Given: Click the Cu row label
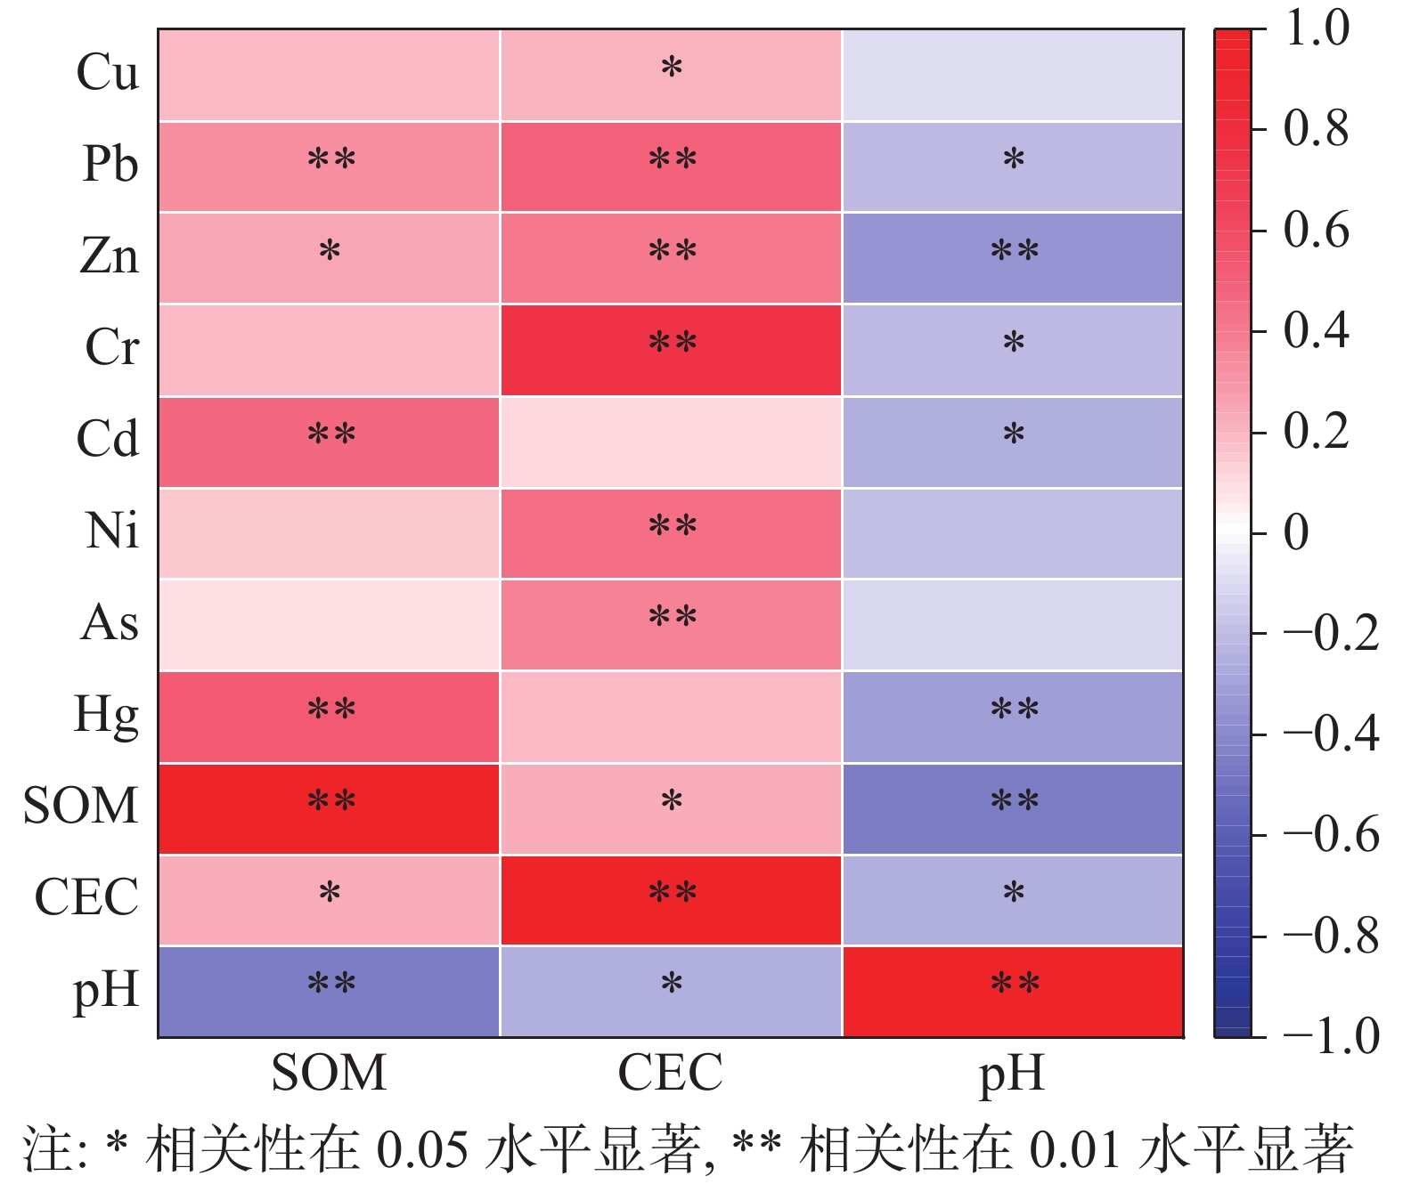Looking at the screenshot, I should tap(108, 72).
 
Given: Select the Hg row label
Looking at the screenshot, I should tap(107, 715).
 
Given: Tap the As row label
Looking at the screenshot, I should tap(110, 622).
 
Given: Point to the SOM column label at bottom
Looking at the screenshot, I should tap(329, 1073).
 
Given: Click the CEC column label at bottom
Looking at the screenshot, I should tap(670, 1073).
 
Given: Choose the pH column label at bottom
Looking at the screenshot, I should tap(1012, 1075).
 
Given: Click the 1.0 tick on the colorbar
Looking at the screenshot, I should tap(1317, 29).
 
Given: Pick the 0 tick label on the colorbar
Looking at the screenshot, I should tap(1296, 533).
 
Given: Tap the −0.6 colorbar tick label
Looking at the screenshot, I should tap(1331, 835).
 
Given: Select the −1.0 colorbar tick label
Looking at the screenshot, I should tap(1331, 1036).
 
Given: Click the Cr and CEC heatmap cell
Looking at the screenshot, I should tap(671, 350).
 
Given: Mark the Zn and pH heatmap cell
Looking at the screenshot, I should tap(1013, 258).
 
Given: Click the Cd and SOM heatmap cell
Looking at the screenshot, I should tap(329, 442).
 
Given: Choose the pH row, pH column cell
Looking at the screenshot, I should tap(1013, 992).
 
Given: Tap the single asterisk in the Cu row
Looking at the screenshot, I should tap(672, 69).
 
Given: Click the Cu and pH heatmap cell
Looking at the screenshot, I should tap(1013, 75).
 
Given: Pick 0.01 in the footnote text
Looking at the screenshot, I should tap(1074, 1151).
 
